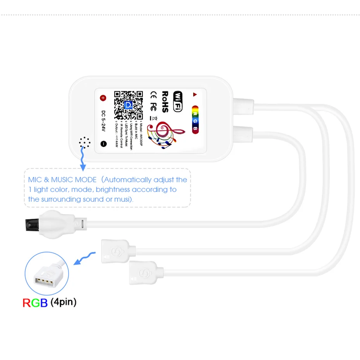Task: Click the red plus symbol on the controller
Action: click(103, 98)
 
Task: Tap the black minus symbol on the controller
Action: click(103, 144)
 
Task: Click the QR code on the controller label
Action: click(128, 105)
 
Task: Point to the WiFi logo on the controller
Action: click(178, 101)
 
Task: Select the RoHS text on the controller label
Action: click(165, 102)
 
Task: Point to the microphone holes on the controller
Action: click(84, 142)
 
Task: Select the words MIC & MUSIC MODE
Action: click(62, 180)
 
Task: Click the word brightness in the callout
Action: click(113, 190)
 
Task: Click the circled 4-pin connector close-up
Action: click(46, 275)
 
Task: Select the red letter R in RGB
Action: click(26, 303)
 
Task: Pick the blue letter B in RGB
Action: click(43, 303)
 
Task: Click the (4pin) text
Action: click(63, 302)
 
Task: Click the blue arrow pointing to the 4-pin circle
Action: click(85, 257)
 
